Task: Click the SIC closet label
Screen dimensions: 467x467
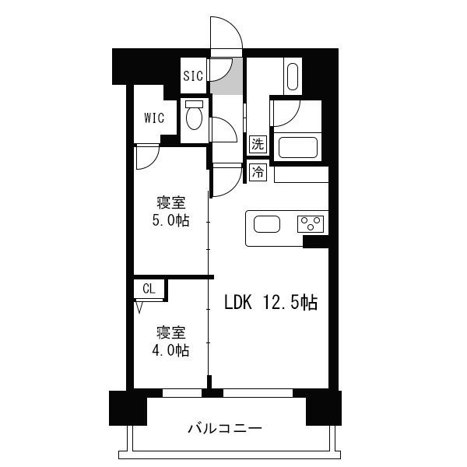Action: [x=193, y=76]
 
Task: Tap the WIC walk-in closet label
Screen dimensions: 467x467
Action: [x=154, y=118]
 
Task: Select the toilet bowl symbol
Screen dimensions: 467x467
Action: [x=194, y=115]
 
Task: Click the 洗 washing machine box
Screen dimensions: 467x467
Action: [x=258, y=145]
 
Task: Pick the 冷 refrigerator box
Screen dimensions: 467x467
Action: [x=258, y=172]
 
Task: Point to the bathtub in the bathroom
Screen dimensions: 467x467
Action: [x=298, y=147]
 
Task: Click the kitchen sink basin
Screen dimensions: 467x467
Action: [x=266, y=224]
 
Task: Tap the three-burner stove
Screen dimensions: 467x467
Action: [x=311, y=224]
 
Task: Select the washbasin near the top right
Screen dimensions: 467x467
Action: [x=293, y=76]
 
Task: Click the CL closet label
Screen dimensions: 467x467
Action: [x=149, y=289]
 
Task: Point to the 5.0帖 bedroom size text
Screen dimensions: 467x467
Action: [x=170, y=221]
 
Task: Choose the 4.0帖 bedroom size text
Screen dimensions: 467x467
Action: [x=170, y=350]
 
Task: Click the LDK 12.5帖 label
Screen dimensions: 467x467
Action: [x=271, y=303]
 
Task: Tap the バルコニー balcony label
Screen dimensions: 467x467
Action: [x=225, y=429]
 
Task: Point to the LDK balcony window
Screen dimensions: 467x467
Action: [x=258, y=393]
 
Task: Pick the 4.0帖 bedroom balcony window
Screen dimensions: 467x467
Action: [x=182, y=393]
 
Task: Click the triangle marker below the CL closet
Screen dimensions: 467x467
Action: [x=139, y=307]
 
